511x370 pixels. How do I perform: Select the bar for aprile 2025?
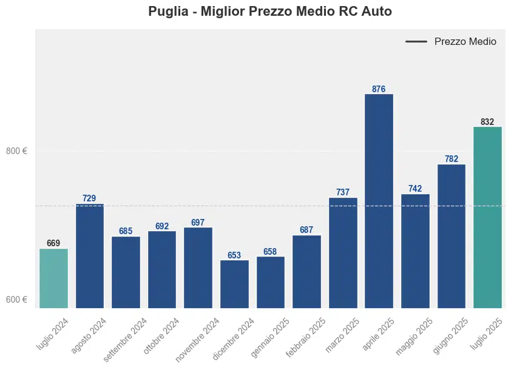(379, 200)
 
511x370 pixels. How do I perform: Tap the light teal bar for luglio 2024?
(53, 278)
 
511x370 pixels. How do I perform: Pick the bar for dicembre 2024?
(234, 284)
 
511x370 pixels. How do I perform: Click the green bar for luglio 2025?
(487, 217)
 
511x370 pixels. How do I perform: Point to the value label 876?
(379, 89)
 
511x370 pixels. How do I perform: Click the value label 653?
(234, 255)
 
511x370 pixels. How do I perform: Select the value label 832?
(487, 122)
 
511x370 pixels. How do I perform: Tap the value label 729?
(89, 198)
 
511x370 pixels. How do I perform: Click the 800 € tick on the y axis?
(16, 151)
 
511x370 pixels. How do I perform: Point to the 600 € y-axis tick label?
(16, 300)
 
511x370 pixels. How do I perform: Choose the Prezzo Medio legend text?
(465, 42)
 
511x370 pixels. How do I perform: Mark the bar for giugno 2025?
(451, 236)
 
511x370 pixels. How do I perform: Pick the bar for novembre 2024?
(198, 267)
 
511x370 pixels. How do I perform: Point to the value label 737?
(343, 192)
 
